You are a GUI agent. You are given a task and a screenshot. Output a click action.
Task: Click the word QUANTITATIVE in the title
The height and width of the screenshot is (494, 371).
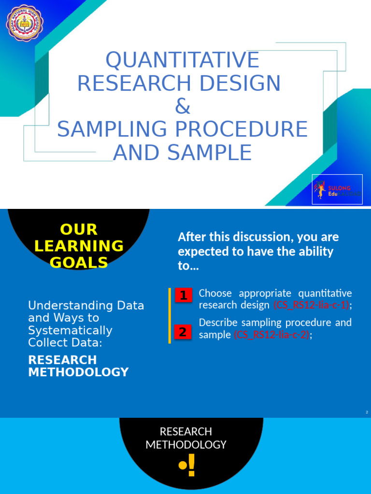pyautogui.click(x=183, y=60)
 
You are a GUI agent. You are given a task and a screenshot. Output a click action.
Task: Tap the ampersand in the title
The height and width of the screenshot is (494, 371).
pyautogui.click(x=183, y=107)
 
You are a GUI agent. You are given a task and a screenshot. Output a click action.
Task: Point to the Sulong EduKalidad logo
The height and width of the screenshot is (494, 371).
pyautogui.click(x=337, y=189)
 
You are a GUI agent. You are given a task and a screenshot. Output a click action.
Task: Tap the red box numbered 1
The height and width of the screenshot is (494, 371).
pyautogui.click(x=183, y=295)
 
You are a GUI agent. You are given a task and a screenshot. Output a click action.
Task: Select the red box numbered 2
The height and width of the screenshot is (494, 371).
pyautogui.click(x=183, y=332)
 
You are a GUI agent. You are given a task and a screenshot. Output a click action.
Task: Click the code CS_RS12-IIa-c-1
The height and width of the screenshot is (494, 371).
pyautogui.click(x=312, y=305)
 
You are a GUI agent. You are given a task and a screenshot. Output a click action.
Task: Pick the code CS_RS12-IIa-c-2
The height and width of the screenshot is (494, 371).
pyautogui.click(x=271, y=334)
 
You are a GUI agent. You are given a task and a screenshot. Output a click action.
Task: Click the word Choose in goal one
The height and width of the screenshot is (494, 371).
pyautogui.click(x=215, y=293)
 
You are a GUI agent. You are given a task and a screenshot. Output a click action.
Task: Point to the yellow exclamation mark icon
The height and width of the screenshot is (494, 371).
pyautogui.click(x=187, y=465)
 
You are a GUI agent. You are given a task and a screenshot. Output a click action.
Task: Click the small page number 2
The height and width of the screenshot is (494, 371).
pyautogui.click(x=367, y=412)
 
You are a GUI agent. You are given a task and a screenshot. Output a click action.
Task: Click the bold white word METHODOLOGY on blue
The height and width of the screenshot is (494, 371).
pyautogui.click(x=78, y=372)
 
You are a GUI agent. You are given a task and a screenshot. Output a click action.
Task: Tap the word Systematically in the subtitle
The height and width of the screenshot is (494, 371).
pyautogui.click(x=70, y=330)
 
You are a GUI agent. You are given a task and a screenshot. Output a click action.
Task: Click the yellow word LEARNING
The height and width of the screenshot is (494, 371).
pyautogui.click(x=79, y=246)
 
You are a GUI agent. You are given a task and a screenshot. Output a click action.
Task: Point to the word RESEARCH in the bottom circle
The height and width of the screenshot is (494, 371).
pyautogui.click(x=186, y=431)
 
